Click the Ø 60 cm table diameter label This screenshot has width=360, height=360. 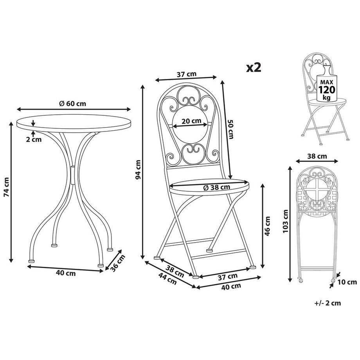73,104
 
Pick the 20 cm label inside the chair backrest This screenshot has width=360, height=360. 189,121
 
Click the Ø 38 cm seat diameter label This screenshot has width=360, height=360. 217,187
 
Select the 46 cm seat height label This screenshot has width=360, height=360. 268,225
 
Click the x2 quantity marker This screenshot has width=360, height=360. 253,68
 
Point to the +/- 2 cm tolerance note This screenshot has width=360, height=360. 327,302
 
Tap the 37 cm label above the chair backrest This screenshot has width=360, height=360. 186,74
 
